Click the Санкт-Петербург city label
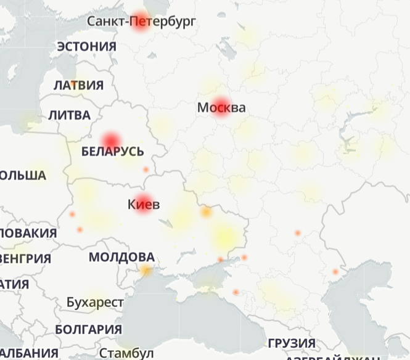(x=141, y=22)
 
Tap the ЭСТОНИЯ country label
(x=86, y=46)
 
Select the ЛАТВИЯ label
(x=78, y=85)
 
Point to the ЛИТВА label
(x=69, y=115)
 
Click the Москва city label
(x=221, y=108)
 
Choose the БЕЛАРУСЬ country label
(x=113, y=152)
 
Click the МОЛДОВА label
(x=121, y=256)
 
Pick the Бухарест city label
(x=95, y=303)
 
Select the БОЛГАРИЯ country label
(x=88, y=329)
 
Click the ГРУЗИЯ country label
(x=292, y=343)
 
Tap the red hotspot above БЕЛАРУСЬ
(x=112, y=139)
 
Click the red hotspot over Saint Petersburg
(x=141, y=22)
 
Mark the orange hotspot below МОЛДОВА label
(x=146, y=270)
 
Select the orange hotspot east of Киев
(x=206, y=213)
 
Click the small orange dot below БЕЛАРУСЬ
(x=146, y=170)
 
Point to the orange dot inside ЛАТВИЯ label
(x=73, y=83)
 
